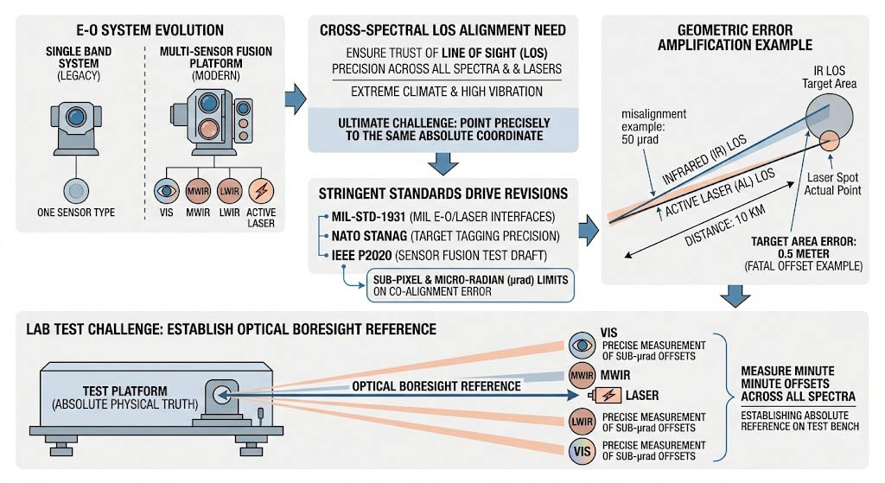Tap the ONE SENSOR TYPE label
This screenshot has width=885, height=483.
[x=76, y=213]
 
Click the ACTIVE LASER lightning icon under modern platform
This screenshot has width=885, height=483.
[x=262, y=190]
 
